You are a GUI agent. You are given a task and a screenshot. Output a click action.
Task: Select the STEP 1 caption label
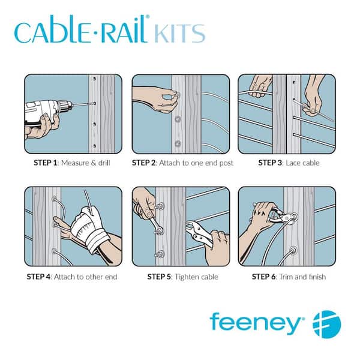(x=45, y=163)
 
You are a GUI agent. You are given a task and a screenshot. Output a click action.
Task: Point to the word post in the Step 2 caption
(x=226, y=163)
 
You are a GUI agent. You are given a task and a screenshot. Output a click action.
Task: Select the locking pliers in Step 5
(x=199, y=233)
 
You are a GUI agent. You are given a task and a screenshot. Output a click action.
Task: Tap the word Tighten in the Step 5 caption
(x=185, y=277)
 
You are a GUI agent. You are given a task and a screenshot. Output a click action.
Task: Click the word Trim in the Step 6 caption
(x=286, y=277)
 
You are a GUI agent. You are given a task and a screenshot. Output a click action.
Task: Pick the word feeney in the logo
(x=256, y=323)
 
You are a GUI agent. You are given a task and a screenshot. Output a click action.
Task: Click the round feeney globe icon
(x=327, y=324)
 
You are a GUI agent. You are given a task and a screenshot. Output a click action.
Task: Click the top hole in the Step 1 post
(x=94, y=79)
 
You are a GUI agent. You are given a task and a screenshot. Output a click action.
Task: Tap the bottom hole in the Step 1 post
(x=94, y=146)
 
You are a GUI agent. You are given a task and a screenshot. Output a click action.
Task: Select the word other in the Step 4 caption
(x=94, y=277)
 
